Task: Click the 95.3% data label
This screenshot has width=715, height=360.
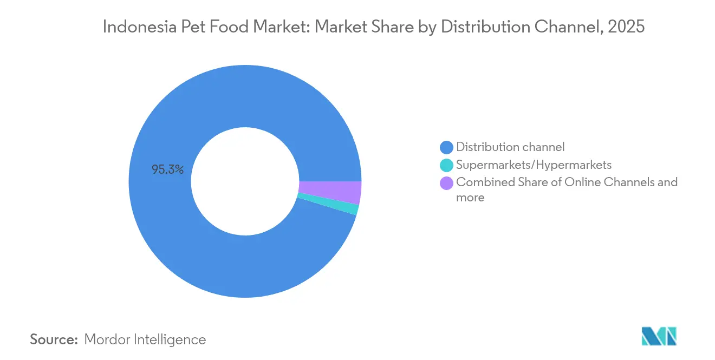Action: (x=167, y=170)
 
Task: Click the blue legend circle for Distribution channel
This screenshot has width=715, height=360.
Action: (x=446, y=147)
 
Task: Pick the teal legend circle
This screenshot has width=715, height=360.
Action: (x=446, y=165)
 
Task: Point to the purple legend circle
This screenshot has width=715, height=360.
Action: (x=446, y=183)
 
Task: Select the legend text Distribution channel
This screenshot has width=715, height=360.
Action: (x=510, y=147)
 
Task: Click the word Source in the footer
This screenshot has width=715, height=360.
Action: (x=53, y=339)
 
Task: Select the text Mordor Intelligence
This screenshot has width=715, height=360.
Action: (x=145, y=339)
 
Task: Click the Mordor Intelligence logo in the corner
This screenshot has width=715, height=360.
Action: (x=659, y=336)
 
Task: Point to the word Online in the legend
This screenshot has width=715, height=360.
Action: (x=582, y=182)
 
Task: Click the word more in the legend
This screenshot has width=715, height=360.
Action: (x=470, y=198)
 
